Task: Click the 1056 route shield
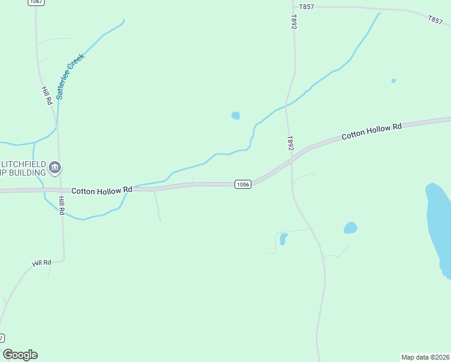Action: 242,184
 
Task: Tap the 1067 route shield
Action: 36,2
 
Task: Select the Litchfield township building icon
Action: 55,167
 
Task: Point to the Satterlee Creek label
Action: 71,75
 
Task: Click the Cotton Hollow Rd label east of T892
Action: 371,132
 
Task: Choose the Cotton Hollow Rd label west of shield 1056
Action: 101,190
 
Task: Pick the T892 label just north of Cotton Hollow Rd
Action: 290,143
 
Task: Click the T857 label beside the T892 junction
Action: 306,7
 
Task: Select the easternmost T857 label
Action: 435,20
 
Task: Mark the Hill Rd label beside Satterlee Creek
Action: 46,96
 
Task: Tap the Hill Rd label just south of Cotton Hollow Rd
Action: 61,205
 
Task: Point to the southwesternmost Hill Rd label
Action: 42,263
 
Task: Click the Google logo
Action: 20,355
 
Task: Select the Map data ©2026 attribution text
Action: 425,357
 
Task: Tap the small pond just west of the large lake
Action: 350,227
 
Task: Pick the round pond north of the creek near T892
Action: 236,115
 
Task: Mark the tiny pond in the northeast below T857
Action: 394,80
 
